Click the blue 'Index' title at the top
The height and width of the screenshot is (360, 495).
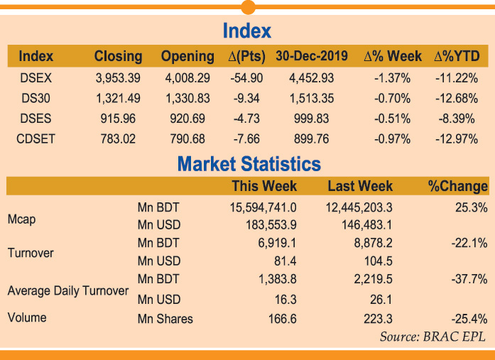click(x=247, y=31)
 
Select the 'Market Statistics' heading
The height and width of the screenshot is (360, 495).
click(x=249, y=165)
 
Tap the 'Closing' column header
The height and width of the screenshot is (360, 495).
click(x=118, y=56)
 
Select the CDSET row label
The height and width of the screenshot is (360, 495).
click(x=36, y=139)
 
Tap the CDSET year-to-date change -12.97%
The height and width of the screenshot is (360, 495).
click(x=455, y=139)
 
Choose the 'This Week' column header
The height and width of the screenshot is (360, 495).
click(x=264, y=187)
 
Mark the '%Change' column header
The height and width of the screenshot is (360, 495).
click(x=457, y=187)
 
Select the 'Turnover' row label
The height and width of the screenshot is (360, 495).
click(x=31, y=253)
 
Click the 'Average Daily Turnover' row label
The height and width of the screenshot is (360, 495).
click(x=68, y=290)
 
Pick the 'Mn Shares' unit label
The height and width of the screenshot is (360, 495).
click(x=165, y=319)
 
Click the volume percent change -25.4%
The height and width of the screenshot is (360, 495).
click(x=469, y=319)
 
